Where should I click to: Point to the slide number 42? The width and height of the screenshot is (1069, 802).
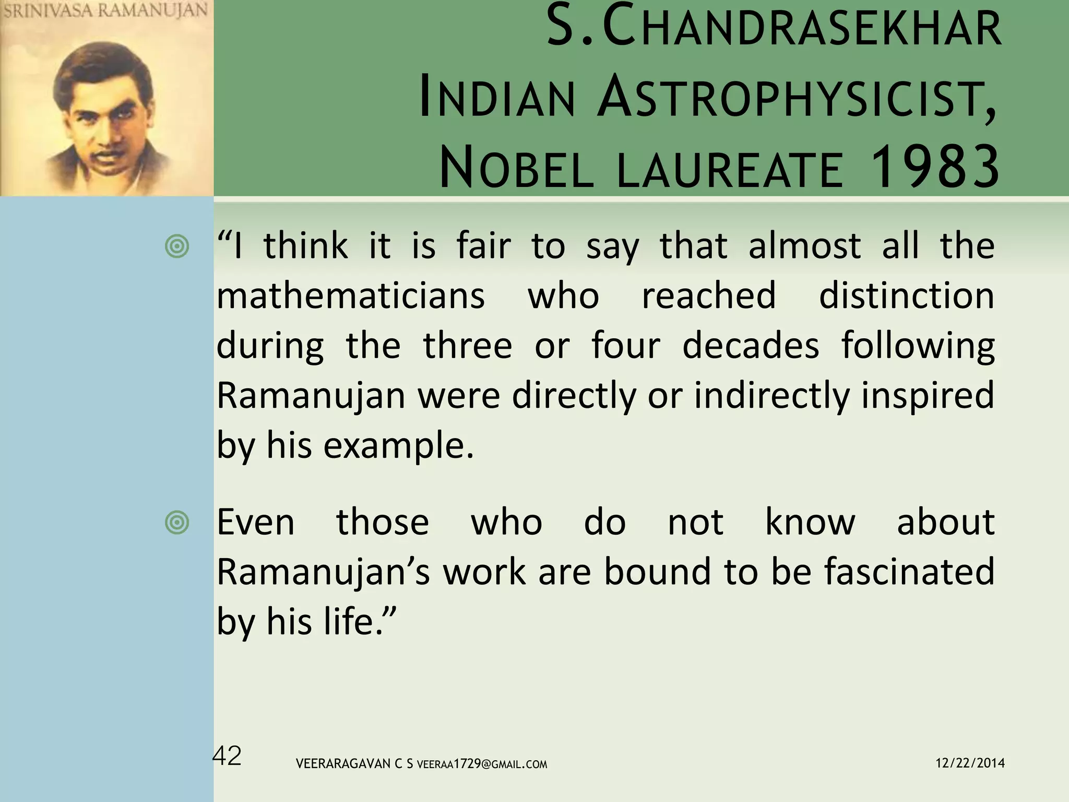tap(228, 756)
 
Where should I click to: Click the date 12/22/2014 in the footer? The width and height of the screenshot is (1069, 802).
tap(970, 763)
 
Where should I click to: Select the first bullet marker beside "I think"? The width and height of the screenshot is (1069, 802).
tap(177, 246)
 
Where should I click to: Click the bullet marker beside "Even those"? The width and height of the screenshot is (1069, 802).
tap(177, 523)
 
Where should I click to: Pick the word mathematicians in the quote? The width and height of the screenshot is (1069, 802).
tap(351, 296)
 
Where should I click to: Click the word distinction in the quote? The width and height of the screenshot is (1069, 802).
tap(907, 296)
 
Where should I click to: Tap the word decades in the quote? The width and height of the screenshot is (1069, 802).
tap(751, 346)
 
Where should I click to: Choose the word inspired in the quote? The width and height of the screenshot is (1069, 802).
tap(928, 396)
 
